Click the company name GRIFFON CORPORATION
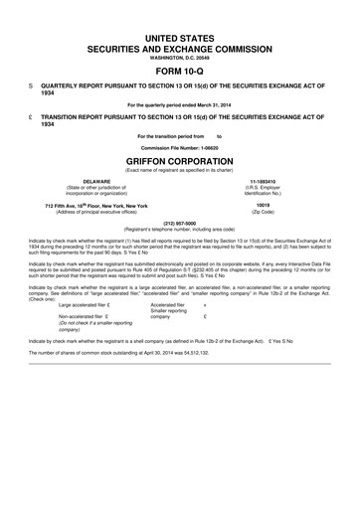coord(180,159)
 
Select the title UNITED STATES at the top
coord(180,35)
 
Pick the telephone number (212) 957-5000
coord(180,223)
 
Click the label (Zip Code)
coord(263,211)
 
